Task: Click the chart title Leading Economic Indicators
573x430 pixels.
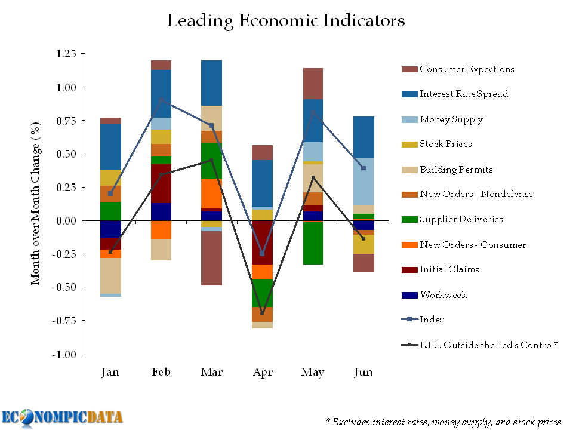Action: point(286,21)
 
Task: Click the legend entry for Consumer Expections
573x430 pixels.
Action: point(466,69)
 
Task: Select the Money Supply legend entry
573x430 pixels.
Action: point(451,119)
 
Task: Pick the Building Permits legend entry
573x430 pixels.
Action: point(456,170)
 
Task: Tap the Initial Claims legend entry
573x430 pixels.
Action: point(449,269)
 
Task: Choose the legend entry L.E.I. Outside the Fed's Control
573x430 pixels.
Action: point(488,345)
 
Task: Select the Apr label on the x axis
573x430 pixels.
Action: point(263,373)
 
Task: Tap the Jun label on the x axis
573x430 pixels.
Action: point(363,373)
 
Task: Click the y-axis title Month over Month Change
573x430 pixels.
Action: point(36,203)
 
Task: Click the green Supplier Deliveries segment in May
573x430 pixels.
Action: point(313,242)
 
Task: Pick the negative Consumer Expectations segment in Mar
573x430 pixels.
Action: point(211,258)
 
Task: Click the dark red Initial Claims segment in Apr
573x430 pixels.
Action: point(263,242)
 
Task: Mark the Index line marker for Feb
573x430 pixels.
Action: point(161,100)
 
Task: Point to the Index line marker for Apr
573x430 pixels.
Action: point(262,253)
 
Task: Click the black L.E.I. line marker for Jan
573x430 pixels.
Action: point(110,252)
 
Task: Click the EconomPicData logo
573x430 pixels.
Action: point(63,417)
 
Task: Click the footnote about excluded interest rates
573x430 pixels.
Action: point(443,422)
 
